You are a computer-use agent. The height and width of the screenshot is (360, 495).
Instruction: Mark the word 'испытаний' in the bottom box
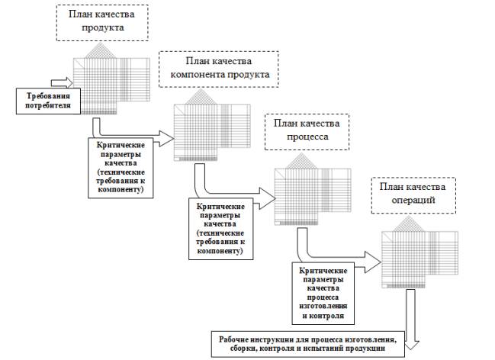point(342,349)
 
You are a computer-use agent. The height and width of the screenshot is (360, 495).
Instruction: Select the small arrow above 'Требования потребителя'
point(60,79)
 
